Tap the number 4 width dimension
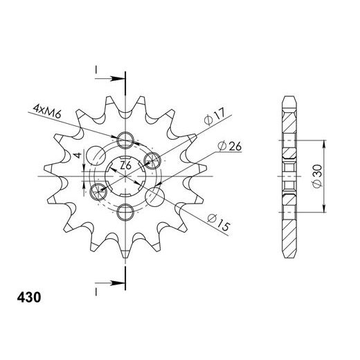pos(79,154)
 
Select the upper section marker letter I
pos(96,70)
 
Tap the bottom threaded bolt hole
pos(125,210)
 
